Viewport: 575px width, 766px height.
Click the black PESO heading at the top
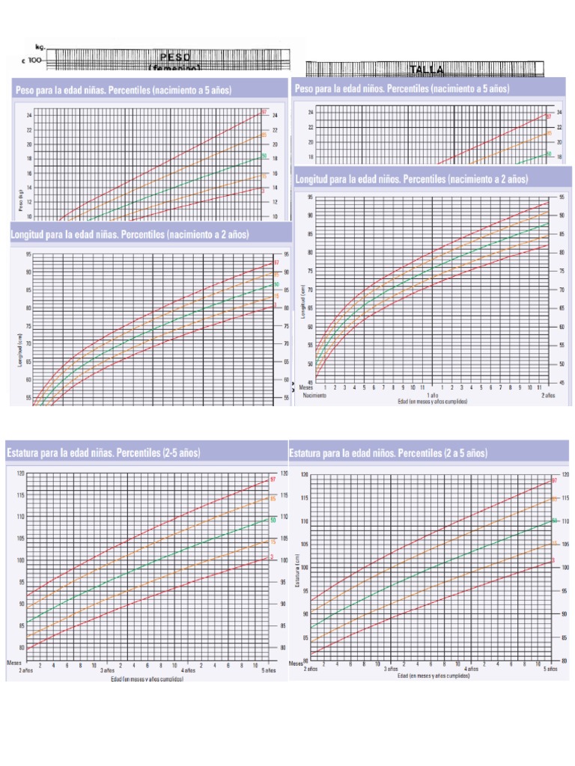click(175, 57)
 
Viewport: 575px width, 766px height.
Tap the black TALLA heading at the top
click(427, 70)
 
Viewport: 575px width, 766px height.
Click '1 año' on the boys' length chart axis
click(432, 395)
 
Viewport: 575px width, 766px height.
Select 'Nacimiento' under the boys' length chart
click(315, 395)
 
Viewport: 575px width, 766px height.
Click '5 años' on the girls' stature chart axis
click(268, 670)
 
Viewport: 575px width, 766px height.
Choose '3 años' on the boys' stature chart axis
click(390, 669)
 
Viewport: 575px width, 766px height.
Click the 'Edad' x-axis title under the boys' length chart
click(433, 402)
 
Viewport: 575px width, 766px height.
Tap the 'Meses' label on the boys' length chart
click(306, 387)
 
